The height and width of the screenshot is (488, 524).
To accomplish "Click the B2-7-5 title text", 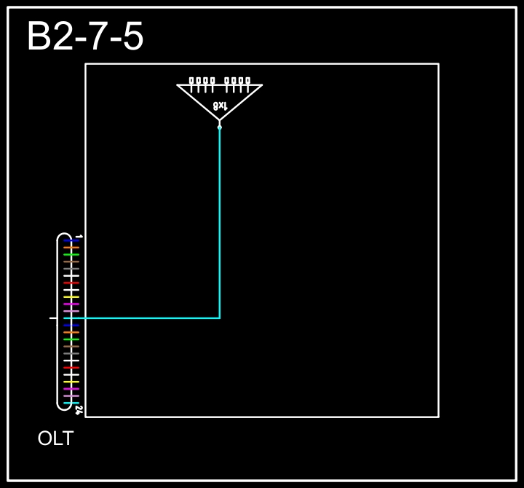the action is click(x=85, y=36).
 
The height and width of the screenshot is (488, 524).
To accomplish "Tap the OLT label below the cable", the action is click(x=55, y=438).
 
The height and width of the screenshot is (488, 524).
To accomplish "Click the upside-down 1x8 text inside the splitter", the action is click(x=221, y=106).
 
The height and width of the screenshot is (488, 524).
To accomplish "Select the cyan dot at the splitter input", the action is click(x=220, y=127).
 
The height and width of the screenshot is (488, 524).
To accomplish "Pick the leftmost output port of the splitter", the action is click(x=191, y=81).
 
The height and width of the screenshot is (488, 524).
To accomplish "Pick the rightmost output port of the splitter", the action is click(x=247, y=81).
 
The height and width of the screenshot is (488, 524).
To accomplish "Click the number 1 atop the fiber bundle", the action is click(x=79, y=237).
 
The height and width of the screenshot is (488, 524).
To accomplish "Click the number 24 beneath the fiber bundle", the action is click(x=79, y=410).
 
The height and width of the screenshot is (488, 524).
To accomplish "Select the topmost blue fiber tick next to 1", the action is click(x=71, y=240).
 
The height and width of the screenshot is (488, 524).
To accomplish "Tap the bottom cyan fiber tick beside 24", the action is click(x=71, y=403).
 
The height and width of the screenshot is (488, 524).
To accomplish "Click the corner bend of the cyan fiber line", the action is click(x=220, y=318).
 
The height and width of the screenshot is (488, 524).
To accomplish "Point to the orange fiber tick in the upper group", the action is click(x=71, y=248).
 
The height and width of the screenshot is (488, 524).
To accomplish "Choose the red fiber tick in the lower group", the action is click(x=71, y=368).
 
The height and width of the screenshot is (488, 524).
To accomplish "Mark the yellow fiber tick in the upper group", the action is click(x=71, y=297).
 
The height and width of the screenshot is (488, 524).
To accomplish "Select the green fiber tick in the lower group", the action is click(x=71, y=339).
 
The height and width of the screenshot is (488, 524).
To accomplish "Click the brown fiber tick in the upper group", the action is click(x=71, y=261).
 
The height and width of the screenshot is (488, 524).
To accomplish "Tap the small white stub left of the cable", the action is click(x=53, y=318).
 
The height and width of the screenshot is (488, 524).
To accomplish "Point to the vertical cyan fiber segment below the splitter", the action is click(x=220, y=223).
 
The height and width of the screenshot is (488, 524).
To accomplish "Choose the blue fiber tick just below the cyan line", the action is click(x=71, y=325).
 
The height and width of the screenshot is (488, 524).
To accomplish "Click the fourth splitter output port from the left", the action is click(x=213, y=81).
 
